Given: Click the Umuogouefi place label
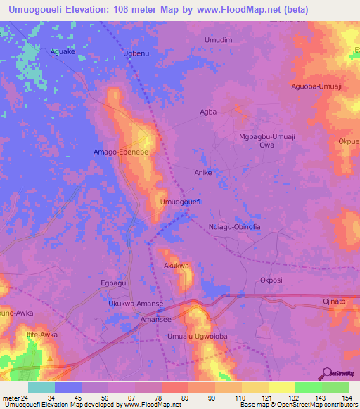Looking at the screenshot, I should (x=181, y=202).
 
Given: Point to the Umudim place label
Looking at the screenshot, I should (x=218, y=40).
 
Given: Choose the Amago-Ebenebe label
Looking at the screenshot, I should (x=123, y=151).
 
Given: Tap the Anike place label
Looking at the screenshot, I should (x=203, y=171).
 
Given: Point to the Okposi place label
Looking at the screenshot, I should (x=271, y=280).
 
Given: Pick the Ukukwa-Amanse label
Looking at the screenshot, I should (x=136, y=303).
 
